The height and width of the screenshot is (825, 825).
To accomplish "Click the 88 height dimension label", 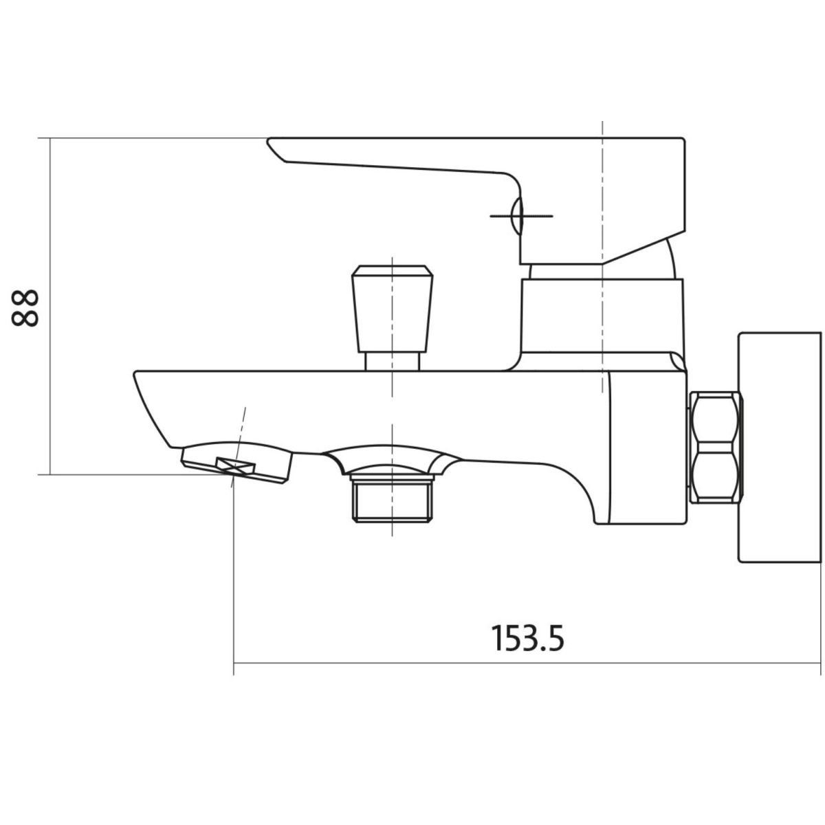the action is tap(25, 308).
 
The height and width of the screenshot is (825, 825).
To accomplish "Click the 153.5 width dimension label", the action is tap(527, 638).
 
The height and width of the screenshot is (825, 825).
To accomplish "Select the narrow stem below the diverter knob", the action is tap(392, 362).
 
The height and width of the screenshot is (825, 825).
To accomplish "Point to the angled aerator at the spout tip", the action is tap(236, 465).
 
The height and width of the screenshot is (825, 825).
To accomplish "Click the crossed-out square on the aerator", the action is tap(236, 465).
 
